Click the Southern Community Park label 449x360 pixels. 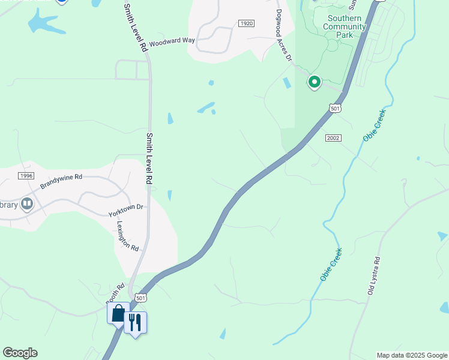(345, 26)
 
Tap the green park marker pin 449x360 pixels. (314, 81)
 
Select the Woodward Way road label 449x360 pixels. (172, 41)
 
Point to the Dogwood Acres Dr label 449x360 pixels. (283, 35)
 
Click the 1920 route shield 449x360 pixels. (246, 23)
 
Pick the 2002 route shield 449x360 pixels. (333, 138)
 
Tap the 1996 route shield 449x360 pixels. (26, 175)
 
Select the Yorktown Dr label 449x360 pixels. (126, 210)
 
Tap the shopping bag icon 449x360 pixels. (118, 313)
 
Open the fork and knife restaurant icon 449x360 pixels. (136, 323)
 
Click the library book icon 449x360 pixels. (26, 205)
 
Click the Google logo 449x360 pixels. (20, 353)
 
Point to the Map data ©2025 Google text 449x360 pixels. (412, 355)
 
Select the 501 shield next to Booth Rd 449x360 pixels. (140, 298)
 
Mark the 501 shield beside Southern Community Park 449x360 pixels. (335, 108)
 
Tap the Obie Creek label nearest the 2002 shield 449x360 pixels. (373, 125)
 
